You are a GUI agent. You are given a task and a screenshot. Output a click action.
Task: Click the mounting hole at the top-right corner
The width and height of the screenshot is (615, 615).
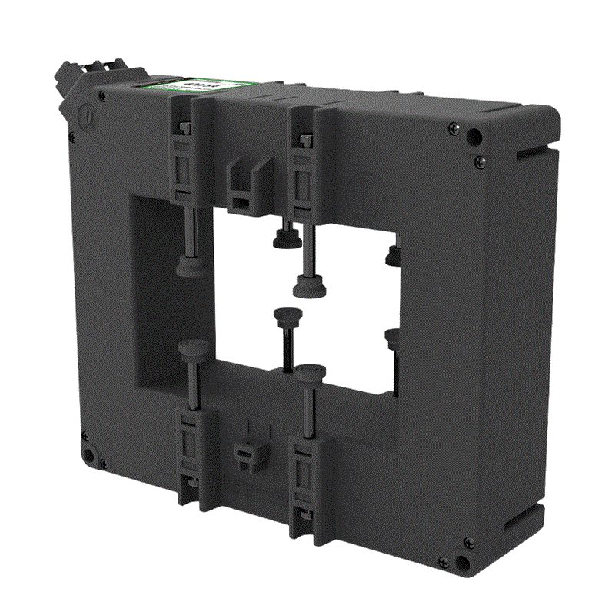point(475,138)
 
